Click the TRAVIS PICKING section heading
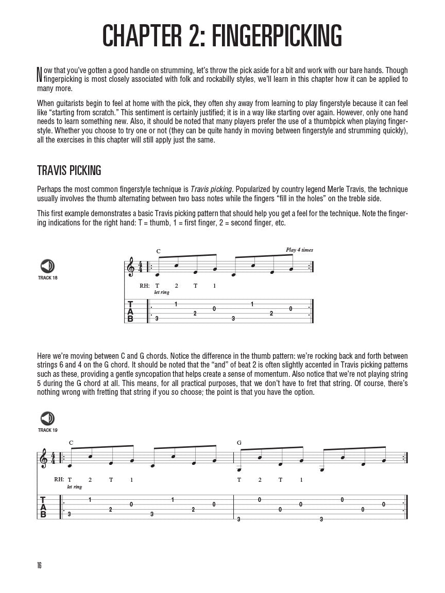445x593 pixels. pos(69,170)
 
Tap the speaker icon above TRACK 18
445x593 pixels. pos(47,266)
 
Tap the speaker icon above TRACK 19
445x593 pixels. pos(47,418)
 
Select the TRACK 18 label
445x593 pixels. pos(47,278)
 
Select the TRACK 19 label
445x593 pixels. pos(47,430)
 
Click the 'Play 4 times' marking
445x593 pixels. pos(299,250)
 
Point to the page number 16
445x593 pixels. pos(39,565)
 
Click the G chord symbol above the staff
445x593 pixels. pos(239,443)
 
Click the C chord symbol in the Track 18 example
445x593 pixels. pos(158,252)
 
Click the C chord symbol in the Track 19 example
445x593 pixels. pos(71,443)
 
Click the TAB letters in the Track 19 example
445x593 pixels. pos(43,507)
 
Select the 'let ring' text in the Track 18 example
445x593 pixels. pos(161,292)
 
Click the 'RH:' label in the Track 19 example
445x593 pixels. pos(59,479)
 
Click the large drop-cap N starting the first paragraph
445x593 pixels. pos(39,75)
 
